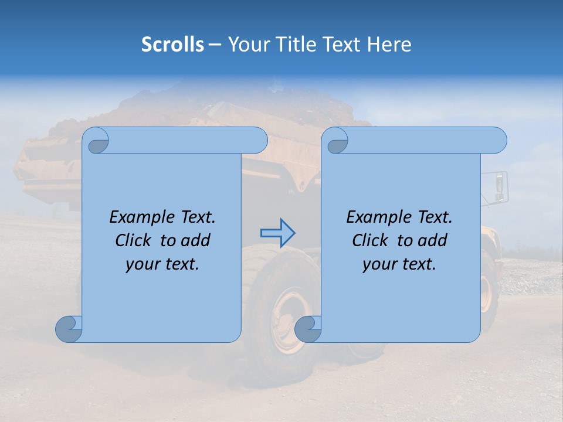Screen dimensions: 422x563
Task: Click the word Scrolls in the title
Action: click(x=172, y=44)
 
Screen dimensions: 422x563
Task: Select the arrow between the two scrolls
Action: click(x=278, y=233)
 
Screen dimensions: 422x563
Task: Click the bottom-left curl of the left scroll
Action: click(x=69, y=329)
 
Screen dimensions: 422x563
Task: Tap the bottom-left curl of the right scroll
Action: click(x=308, y=329)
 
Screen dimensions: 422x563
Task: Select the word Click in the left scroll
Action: click(x=134, y=240)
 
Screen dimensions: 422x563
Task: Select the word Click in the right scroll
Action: click(x=371, y=240)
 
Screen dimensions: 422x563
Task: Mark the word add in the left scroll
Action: click(x=195, y=240)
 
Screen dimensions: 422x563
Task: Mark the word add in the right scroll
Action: click(x=433, y=240)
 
